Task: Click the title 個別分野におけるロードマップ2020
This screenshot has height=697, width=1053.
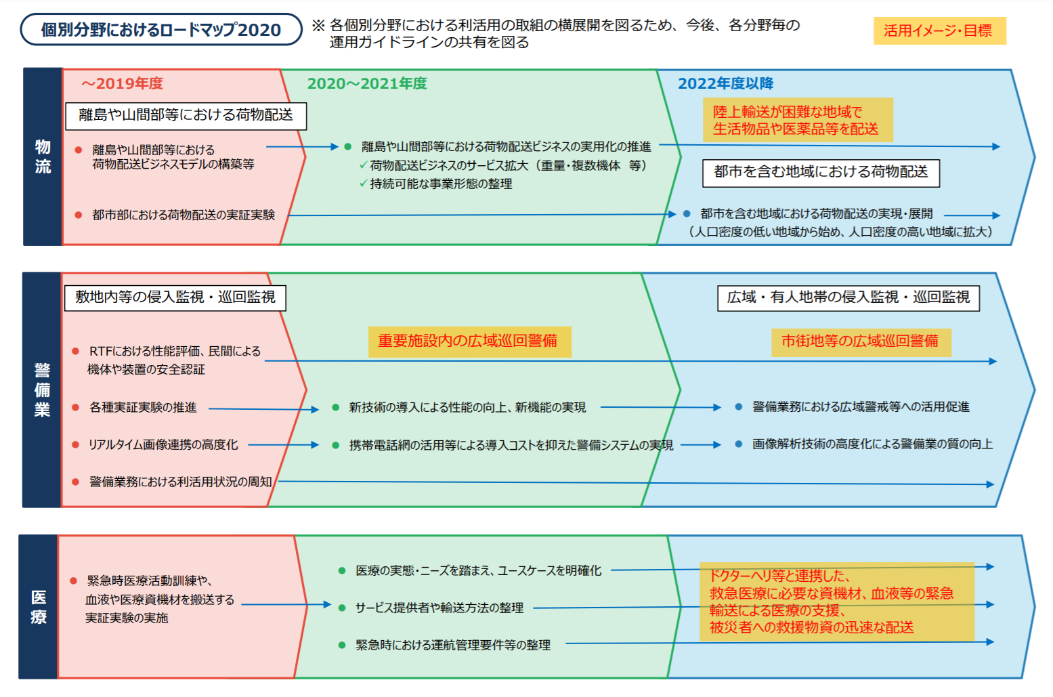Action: click(x=160, y=30)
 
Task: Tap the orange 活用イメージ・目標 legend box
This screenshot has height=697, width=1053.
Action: click(x=939, y=30)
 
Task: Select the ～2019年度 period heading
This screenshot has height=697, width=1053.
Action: click(x=123, y=83)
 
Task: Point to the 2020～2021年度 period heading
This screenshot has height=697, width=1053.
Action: click(x=367, y=83)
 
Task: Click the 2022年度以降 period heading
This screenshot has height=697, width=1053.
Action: click(x=725, y=83)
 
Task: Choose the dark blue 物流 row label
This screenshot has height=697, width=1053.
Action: click(x=43, y=156)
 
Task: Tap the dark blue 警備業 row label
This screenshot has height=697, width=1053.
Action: click(x=42, y=389)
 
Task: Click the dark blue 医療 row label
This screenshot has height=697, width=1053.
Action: click(x=39, y=607)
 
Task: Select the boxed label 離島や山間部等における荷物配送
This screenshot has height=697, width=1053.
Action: click(x=186, y=115)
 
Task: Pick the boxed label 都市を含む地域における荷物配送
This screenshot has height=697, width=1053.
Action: click(x=821, y=172)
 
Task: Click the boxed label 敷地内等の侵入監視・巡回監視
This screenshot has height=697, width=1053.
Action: click(x=175, y=297)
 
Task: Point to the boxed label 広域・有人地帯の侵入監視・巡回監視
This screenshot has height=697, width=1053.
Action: click(x=848, y=297)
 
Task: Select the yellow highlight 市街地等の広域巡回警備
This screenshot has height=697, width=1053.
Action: click(x=861, y=341)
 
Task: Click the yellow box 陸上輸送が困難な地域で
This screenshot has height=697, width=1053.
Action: click(x=797, y=120)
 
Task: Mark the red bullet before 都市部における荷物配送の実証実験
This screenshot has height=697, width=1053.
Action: click(x=79, y=215)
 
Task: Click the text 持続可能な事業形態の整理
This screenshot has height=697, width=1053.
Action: click(x=441, y=184)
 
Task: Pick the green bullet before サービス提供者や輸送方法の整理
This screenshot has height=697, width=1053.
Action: click(x=342, y=608)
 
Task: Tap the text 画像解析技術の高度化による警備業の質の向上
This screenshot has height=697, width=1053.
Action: click(x=872, y=444)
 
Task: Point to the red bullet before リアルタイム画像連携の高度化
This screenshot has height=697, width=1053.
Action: click(x=76, y=445)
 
